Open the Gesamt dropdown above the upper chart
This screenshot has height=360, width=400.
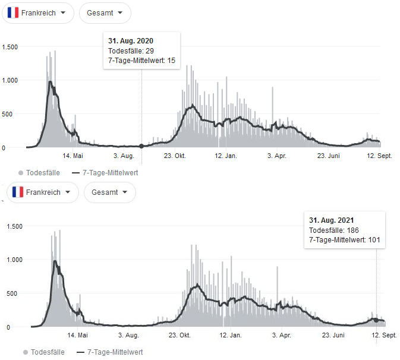(105, 12)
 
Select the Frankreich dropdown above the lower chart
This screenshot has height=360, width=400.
(43, 192)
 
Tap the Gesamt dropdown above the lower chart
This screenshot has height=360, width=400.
(110, 192)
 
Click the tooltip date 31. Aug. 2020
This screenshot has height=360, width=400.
(131, 41)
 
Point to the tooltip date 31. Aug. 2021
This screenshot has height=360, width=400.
(332, 220)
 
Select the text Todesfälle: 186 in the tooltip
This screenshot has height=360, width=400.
(334, 230)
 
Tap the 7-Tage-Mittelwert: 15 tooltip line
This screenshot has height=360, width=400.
(141, 60)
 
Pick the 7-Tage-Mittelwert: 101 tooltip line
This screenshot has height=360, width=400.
(345, 240)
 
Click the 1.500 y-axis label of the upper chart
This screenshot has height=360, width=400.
(10, 47)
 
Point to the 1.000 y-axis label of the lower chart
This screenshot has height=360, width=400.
(14, 260)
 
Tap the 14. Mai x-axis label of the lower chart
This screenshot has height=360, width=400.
(78, 336)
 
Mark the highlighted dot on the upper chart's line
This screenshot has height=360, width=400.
(141, 146)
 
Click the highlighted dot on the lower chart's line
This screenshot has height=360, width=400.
(376, 320)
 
